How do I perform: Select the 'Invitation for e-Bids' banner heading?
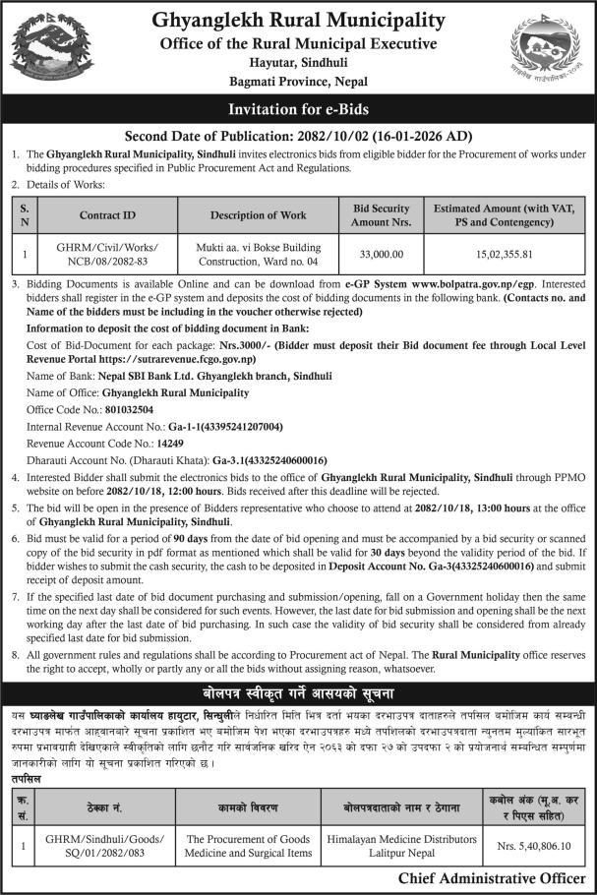click(298, 110)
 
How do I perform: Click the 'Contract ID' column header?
click(108, 215)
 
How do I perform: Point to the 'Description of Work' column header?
click(258, 215)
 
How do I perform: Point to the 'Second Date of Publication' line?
click(298, 137)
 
